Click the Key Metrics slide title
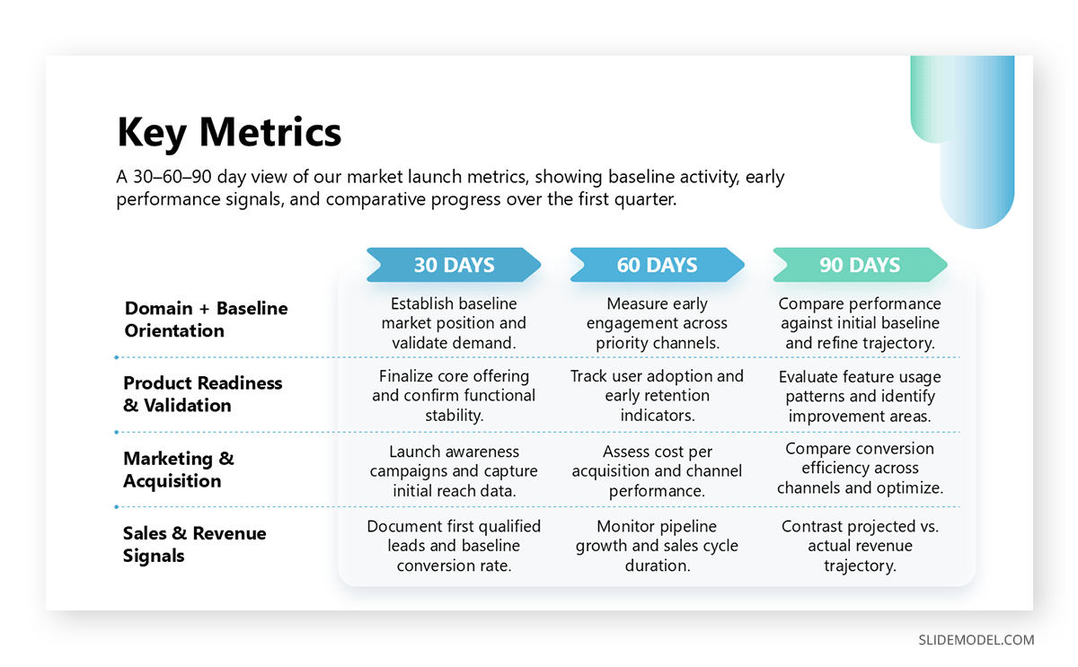tap(229, 132)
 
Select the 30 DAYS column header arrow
tap(454, 265)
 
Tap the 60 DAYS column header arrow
tap(657, 265)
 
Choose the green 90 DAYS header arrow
tap(860, 265)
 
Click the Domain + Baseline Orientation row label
tap(206, 320)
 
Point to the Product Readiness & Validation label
tap(202, 394)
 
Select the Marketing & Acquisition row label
tap(178, 470)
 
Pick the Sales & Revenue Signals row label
tap(194, 544)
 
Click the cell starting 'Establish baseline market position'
tap(454, 323)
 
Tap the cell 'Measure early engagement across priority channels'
tap(657, 323)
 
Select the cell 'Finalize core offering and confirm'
tap(454, 396)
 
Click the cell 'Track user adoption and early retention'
tap(657, 396)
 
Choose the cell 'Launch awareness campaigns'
tap(454, 471)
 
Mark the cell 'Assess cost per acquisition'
tap(657, 471)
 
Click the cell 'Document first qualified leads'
tap(454, 546)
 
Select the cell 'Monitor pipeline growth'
tap(657, 546)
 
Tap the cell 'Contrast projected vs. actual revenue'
tap(860, 546)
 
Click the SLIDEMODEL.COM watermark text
tap(976, 640)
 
